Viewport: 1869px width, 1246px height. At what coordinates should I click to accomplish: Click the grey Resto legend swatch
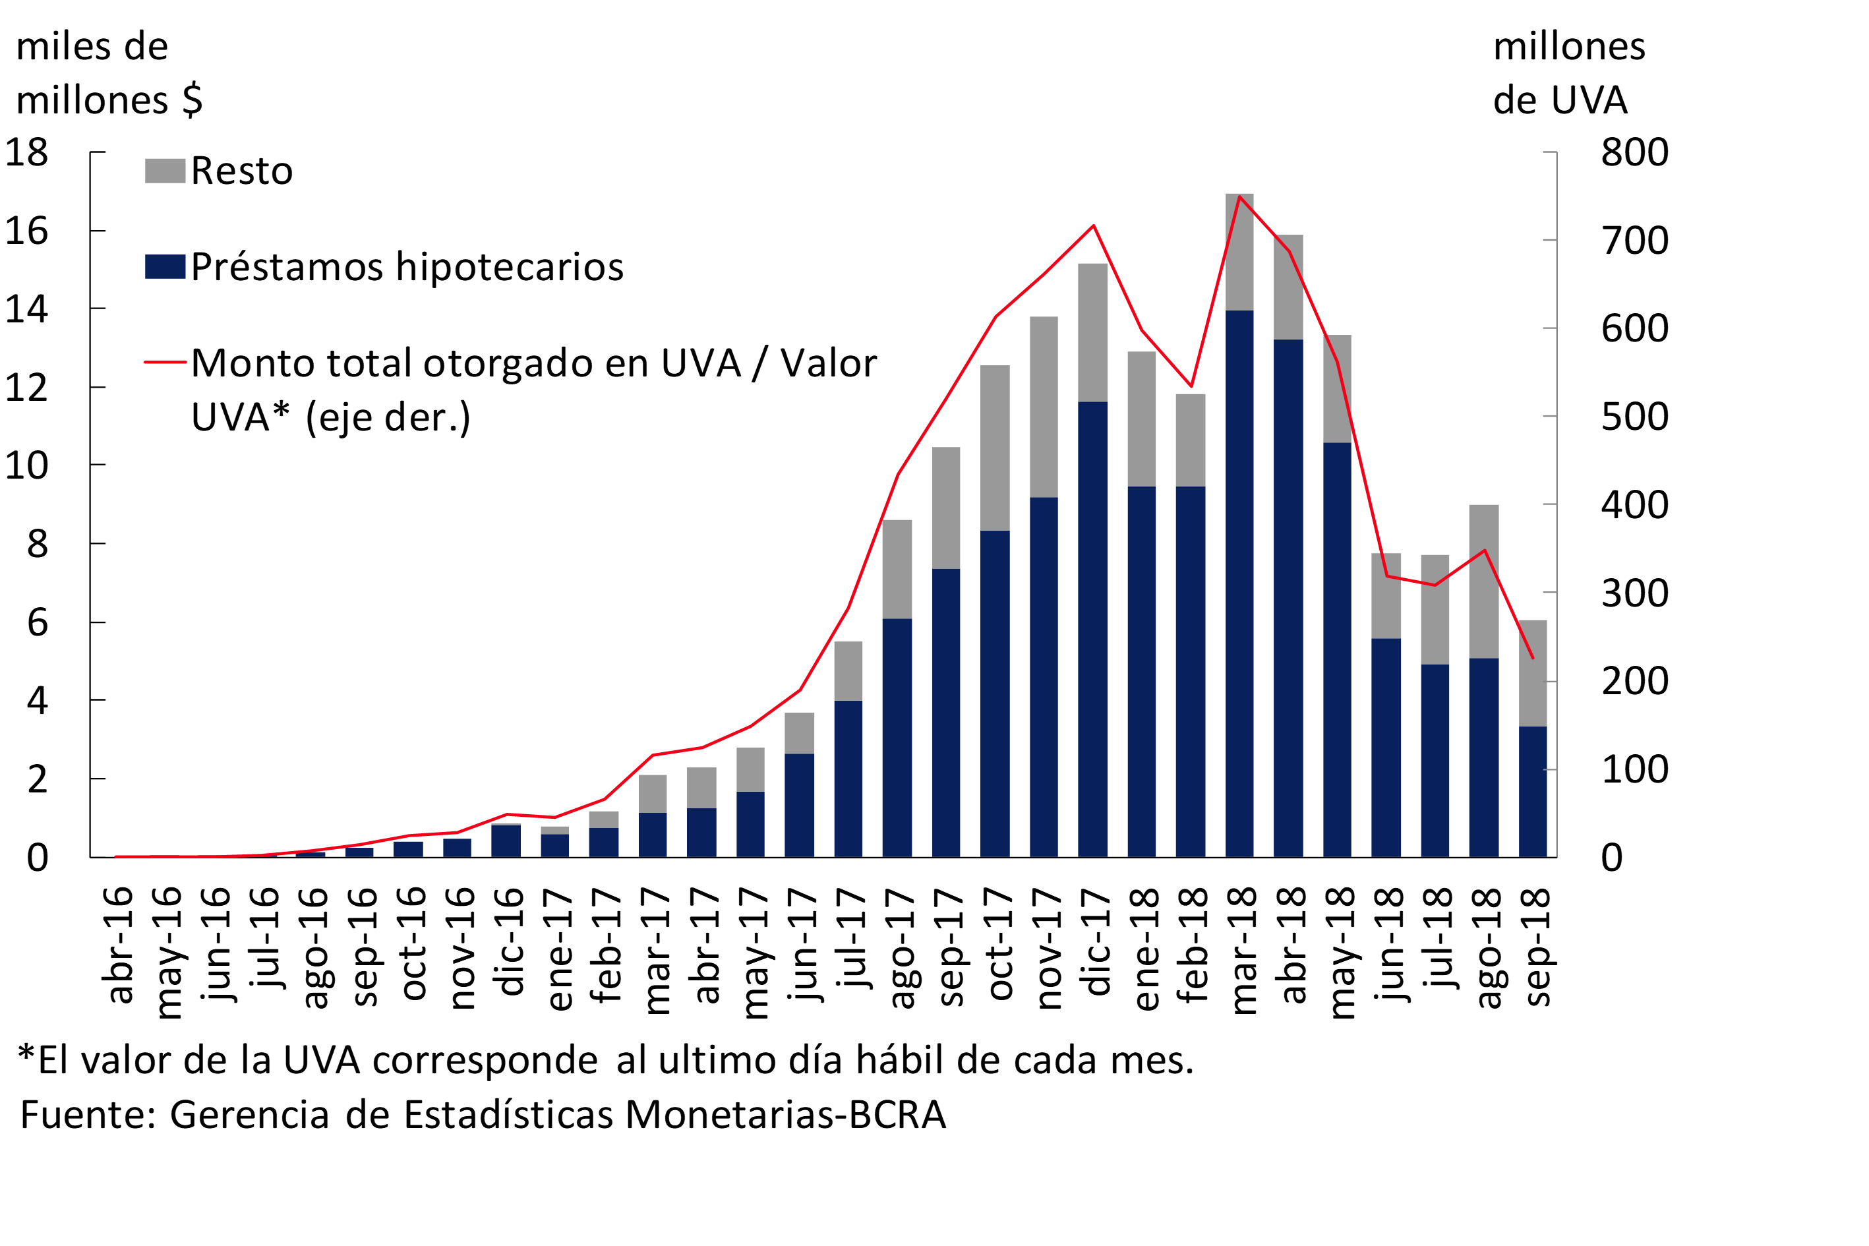click(165, 171)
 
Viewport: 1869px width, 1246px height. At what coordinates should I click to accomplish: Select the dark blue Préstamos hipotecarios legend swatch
click(165, 266)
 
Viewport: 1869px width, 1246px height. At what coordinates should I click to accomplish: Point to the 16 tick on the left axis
click(27, 231)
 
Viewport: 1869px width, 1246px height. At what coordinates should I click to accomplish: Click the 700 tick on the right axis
click(1634, 240)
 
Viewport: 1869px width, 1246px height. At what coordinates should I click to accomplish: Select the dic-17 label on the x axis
click(1095, 941)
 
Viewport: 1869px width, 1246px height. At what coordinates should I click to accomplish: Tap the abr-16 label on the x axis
click(117, 945)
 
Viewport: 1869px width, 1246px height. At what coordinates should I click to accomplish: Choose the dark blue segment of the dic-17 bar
click(1092, 628)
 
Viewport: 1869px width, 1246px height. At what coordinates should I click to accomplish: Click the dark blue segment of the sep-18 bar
click(1532, 790)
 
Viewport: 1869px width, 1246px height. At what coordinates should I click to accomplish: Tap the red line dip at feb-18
click(1191, 386)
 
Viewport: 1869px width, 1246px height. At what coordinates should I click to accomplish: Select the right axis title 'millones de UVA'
click(1568, 73)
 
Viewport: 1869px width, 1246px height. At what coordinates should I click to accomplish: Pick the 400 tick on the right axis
click(1634, 504)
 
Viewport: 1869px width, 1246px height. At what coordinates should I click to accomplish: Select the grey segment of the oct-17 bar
click(995, 448)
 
